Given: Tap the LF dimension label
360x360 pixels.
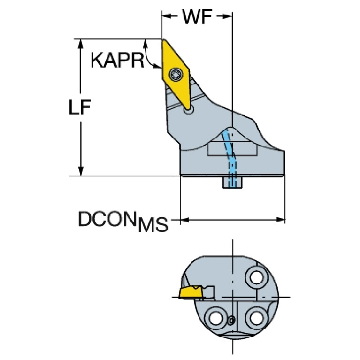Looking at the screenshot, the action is point(80,107).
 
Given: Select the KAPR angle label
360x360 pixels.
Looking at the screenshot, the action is point(117,60).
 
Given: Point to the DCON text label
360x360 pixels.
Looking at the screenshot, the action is point(106,219).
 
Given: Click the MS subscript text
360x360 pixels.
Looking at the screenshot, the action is point(153,224).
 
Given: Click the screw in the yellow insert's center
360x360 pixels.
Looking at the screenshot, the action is point(176,74).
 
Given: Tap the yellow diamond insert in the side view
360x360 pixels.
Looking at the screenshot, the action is point(176,74).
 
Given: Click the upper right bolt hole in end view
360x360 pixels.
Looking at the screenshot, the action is point(257,277).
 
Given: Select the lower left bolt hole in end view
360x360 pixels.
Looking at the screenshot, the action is point(216,318).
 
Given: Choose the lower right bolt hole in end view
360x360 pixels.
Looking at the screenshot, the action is point(256,318).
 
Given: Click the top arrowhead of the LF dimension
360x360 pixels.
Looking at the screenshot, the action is point(80,44).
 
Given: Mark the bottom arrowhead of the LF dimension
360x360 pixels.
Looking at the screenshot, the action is point(80,171).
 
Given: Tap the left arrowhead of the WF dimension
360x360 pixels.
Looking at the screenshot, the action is point(167,16).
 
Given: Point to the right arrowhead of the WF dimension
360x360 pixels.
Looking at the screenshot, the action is point(227,16).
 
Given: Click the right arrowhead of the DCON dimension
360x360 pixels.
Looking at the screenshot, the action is point(280,220).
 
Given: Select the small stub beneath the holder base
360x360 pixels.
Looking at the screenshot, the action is point(232,183).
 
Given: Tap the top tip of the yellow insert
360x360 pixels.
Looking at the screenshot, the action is point(164,40).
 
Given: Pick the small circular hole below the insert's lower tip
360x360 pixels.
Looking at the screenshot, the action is point(189,110).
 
